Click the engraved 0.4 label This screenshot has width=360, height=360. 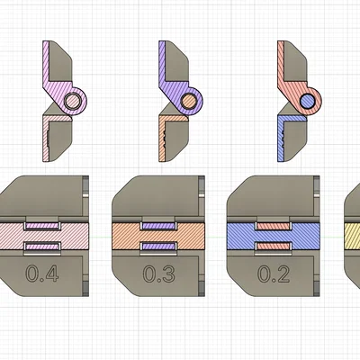point(44,275)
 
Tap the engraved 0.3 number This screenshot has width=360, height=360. point(159,275)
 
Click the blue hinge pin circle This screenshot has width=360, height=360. point(307,102)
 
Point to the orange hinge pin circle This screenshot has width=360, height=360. point(190,102)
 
